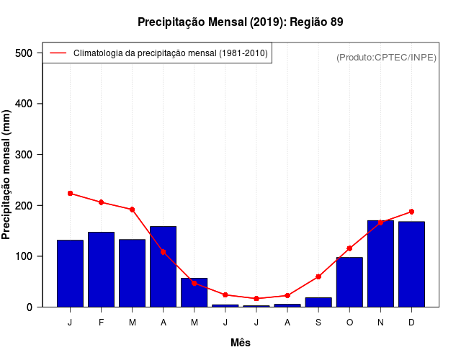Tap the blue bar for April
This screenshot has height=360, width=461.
(x=163, y=266)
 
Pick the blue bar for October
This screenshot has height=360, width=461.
(x=349, y=282)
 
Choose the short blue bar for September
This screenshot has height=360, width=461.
(x=318, y=302)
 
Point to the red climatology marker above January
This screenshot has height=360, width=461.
(x=70, y=193)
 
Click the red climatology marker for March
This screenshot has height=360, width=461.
(x=132, y=210)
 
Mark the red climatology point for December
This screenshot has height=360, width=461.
(x=411, y=212)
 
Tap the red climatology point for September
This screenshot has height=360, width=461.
(x=318, y=276)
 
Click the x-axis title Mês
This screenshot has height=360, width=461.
(x=241, y=343)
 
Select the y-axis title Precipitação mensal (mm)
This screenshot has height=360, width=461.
(x=7, y=175)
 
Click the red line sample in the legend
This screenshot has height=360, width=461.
(x=58, y=53)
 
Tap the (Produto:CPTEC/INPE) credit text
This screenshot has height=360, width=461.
(x=386, y=57)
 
